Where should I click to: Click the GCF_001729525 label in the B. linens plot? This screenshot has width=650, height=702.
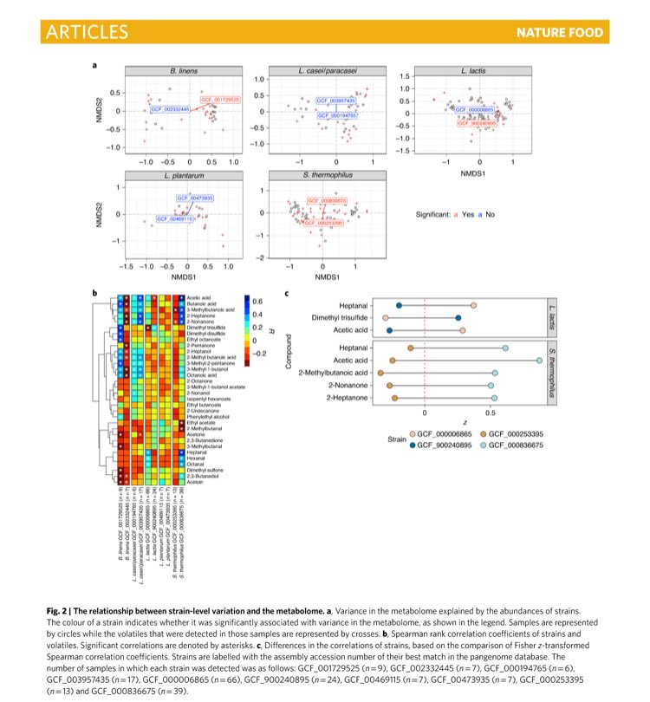[220, 101]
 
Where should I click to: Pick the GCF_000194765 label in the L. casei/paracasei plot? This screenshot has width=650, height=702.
[336, 114]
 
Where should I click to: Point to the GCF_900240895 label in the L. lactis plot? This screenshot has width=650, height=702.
[478, 124]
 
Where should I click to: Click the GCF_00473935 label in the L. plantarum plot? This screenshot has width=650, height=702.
[195, 198]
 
